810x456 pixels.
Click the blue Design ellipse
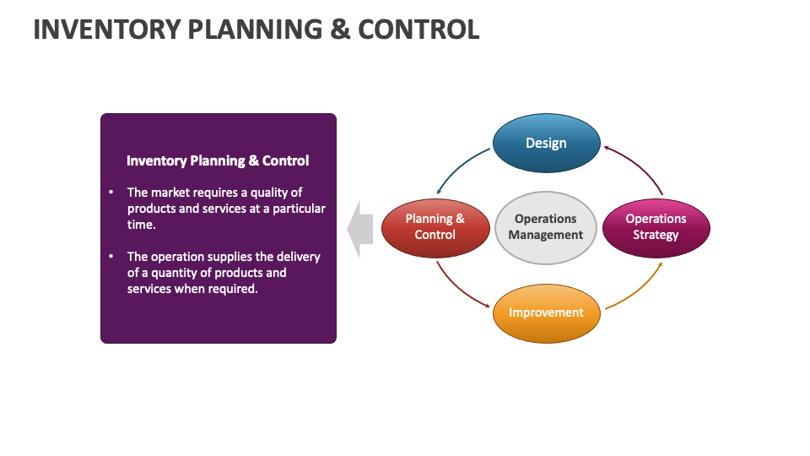[x=546, y=144]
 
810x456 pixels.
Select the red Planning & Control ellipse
[x=435, y=227]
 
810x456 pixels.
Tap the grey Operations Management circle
[x=546, y=227]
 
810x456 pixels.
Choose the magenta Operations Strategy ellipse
[x=656, y=227]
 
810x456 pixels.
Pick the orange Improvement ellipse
[x=546, y=312]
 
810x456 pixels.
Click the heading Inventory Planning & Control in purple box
[x=218, y=160]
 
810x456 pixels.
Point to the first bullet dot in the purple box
[x=111, y=193]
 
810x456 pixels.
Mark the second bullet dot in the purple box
[x=111, y=257]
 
